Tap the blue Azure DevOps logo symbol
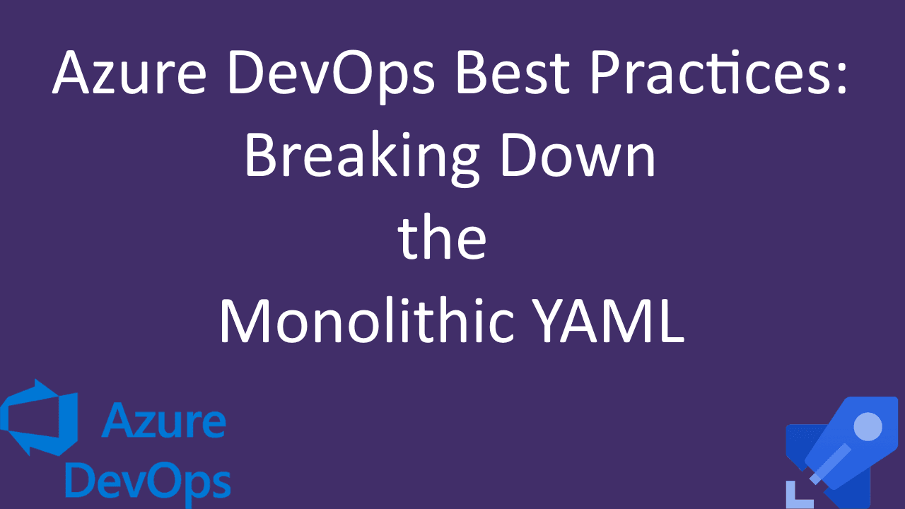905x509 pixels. pyautogui.click(x=41, y=417)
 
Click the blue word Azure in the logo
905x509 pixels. pyautogui.click(x=163, y=422)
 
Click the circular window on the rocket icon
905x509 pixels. pyautogui.click(x=868, y=426)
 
